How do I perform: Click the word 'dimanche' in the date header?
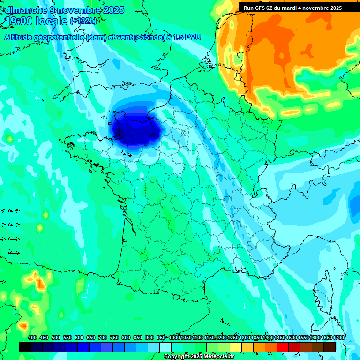[26, 10]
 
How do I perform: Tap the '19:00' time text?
[21, 21]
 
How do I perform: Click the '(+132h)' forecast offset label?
[83, 21]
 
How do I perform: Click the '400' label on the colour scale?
[32, 338]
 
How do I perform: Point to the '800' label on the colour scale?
[126, 338]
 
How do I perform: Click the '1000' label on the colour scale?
[174, 338]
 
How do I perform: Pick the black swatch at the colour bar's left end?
[25, 347]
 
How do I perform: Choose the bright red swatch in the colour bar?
[282, 347]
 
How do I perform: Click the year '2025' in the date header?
[110, 10]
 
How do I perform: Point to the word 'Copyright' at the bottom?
[176, 357]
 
